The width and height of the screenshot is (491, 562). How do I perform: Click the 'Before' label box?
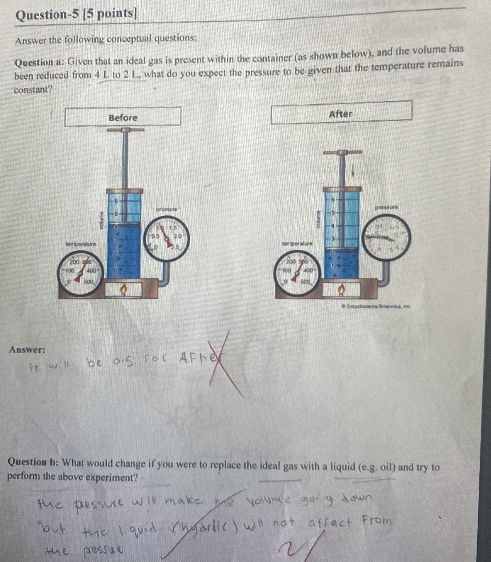(123, 116)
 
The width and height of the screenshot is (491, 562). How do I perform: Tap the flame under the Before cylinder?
(124, 289)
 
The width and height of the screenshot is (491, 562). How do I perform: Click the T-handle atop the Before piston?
(125, 130)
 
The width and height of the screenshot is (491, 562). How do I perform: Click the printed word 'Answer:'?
(27, 350)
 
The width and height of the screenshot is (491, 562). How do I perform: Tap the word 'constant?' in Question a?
(33, 89)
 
